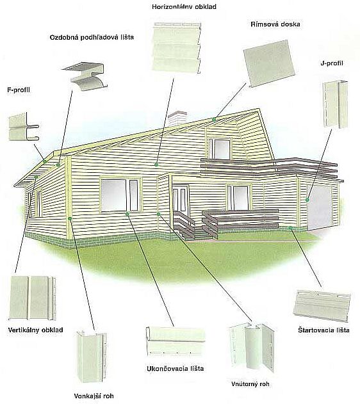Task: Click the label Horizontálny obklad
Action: tap(184, 7)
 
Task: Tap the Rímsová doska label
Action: tap(275, 24)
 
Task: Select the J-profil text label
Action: tap(332, 63)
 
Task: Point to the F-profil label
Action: tap(19, 90)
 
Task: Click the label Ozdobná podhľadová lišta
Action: tap(92, 37)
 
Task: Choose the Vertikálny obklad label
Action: tap(36, 330)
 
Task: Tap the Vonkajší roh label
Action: tap(94, 396)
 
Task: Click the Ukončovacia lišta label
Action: tap(176, 368)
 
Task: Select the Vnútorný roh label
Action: tap(250, 384)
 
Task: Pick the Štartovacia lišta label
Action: tap(323, 330)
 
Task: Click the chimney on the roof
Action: tap(177, 118)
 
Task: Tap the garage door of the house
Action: tap(319, 207)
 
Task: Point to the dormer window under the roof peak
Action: tap(220, 149)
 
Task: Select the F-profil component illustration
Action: tap(24, 127)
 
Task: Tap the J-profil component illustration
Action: tap(335, 104)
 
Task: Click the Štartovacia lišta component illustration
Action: tap(322, 305)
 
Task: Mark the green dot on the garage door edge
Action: tap(307, 200)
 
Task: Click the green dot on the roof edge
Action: tap(214, 119)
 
